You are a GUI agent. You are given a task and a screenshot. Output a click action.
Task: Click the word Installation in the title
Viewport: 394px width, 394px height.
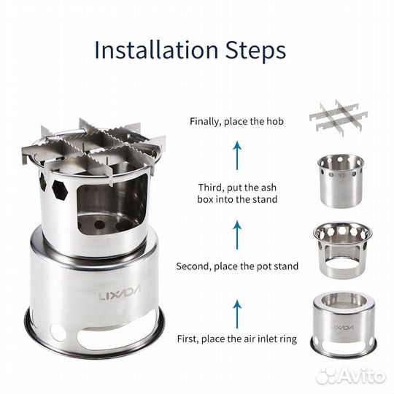(156, 50)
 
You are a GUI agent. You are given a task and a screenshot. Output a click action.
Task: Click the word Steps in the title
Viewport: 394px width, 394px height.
(255, 52)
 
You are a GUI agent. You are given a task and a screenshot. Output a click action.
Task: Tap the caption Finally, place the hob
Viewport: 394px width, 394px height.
(236, 122)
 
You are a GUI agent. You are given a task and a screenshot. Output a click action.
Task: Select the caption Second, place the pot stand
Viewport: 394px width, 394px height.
(237, 266)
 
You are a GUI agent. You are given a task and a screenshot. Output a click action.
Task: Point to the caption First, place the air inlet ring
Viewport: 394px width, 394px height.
(237, 339)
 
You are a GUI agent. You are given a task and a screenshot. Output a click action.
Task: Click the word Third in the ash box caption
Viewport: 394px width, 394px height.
(209, 188)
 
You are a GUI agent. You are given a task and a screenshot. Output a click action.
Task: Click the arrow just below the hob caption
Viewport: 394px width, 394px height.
(237, 155)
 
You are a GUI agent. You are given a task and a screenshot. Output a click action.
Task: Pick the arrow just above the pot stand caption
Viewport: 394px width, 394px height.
(237, 235)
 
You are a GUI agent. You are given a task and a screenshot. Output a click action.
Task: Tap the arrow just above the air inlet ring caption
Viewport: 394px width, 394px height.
(237, 314)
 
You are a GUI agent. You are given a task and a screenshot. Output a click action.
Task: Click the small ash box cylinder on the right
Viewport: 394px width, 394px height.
(341, 181)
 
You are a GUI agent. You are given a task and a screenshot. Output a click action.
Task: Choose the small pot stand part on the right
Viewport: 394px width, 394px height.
(343, 249)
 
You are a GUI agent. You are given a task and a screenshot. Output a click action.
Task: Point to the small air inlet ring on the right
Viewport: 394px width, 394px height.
(343, 325)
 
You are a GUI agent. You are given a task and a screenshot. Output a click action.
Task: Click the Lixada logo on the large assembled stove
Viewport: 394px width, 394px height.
(120, 293)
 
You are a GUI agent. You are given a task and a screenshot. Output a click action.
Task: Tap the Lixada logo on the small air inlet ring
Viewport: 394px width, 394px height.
(342, 327)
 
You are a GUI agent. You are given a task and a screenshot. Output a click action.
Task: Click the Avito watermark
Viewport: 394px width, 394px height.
(351, 376)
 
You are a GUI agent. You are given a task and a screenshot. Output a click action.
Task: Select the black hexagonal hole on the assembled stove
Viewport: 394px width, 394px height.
(60, 190)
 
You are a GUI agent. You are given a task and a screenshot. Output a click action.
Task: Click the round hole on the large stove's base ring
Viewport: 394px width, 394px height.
(58, 333)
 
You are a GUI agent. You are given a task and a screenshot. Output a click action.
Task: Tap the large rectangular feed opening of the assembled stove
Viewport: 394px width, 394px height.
(111, 206)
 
